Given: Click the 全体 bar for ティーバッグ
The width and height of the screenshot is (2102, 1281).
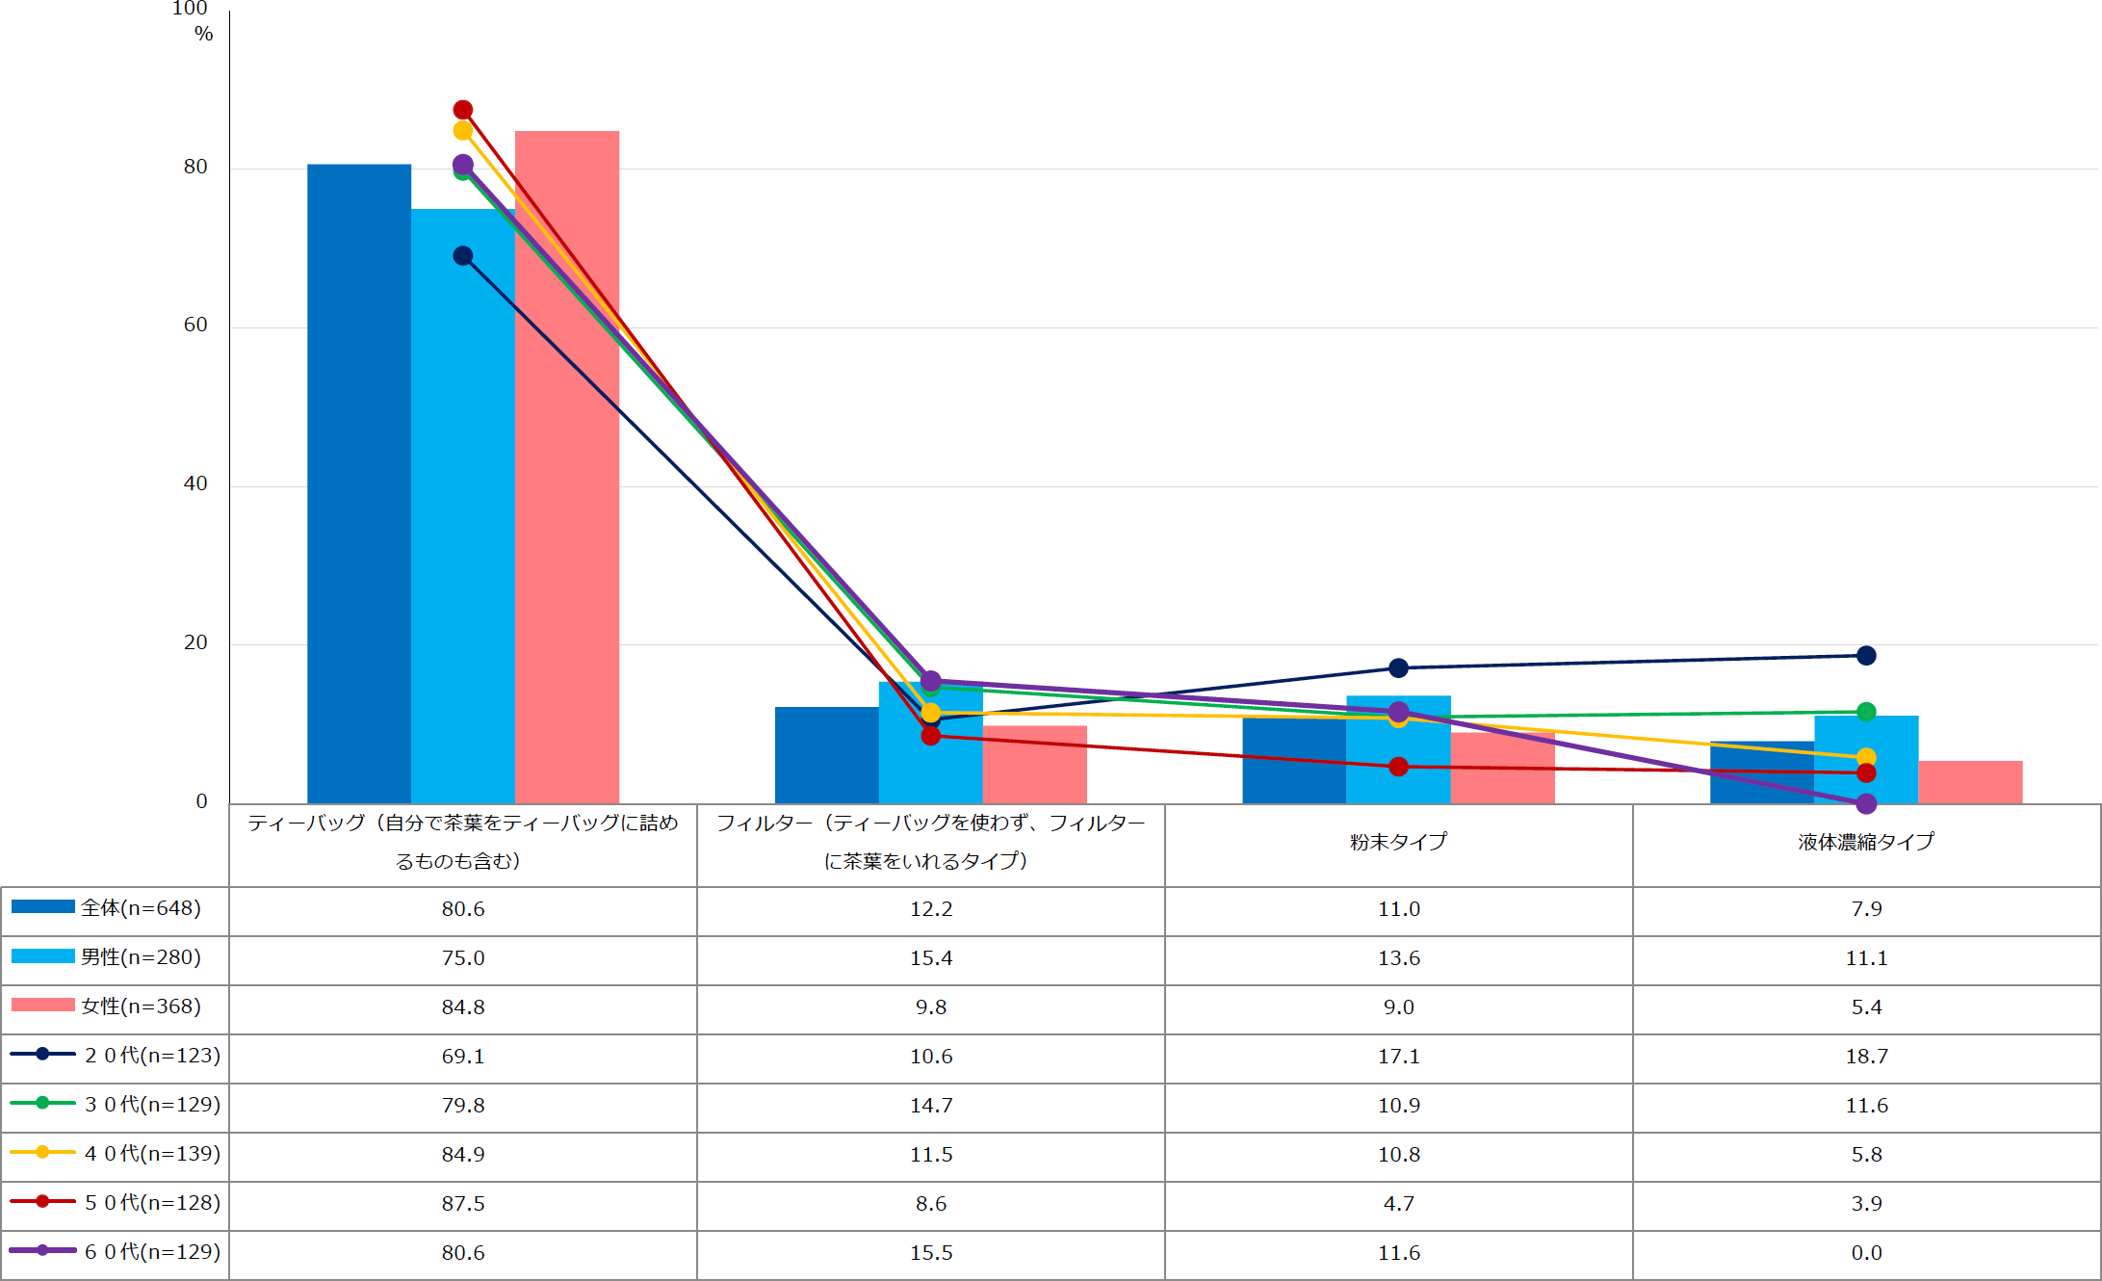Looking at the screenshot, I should [359, 482].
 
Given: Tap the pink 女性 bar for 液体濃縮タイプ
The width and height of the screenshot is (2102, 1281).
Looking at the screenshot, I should [1970, 782].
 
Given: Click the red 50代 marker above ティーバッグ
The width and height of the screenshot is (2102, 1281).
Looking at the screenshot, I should [463, 110].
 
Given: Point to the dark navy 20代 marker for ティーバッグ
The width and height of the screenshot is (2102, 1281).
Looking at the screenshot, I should [463, 256].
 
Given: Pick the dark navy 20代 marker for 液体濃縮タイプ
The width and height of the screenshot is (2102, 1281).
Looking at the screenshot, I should [1866, 656].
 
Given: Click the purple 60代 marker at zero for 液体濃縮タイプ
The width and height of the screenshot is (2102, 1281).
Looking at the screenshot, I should [1866, 803].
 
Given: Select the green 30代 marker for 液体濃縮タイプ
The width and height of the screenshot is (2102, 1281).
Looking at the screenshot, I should [1866, 712].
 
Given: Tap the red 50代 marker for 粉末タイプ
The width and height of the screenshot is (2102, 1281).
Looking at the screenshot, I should [1399, 767].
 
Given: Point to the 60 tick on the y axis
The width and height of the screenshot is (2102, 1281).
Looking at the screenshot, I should [195, 326].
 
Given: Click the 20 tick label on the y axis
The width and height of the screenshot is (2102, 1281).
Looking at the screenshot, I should [195, 642].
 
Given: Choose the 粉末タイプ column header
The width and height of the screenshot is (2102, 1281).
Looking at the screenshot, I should [1398, 842].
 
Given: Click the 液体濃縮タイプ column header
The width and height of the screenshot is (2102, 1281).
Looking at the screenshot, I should [1866, 842].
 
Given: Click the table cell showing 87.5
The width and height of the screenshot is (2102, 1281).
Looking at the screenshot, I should [463, 1204].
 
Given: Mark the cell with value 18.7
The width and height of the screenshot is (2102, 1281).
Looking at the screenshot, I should [1866, 1057].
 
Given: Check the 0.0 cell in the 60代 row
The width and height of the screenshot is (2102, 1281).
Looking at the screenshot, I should [1866, 1253].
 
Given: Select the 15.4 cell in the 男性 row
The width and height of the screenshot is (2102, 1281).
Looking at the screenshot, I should [931, 958].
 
